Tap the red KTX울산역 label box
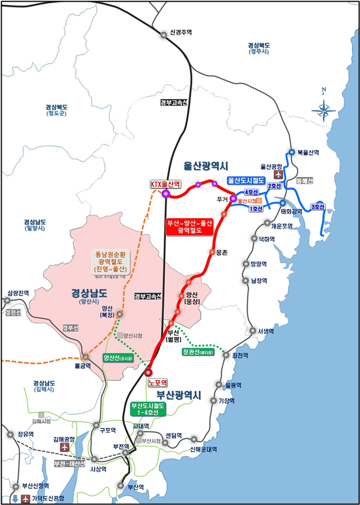click(165, 184)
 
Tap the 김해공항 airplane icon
click(65, 447)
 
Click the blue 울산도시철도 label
click(246, 181)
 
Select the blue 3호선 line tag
click(318, 207)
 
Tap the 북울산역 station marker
click(292, 152)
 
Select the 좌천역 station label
click(236, 355)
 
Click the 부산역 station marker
click(121, 485)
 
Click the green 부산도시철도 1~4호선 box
click(147, 409)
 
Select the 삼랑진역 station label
click(18, 293)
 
